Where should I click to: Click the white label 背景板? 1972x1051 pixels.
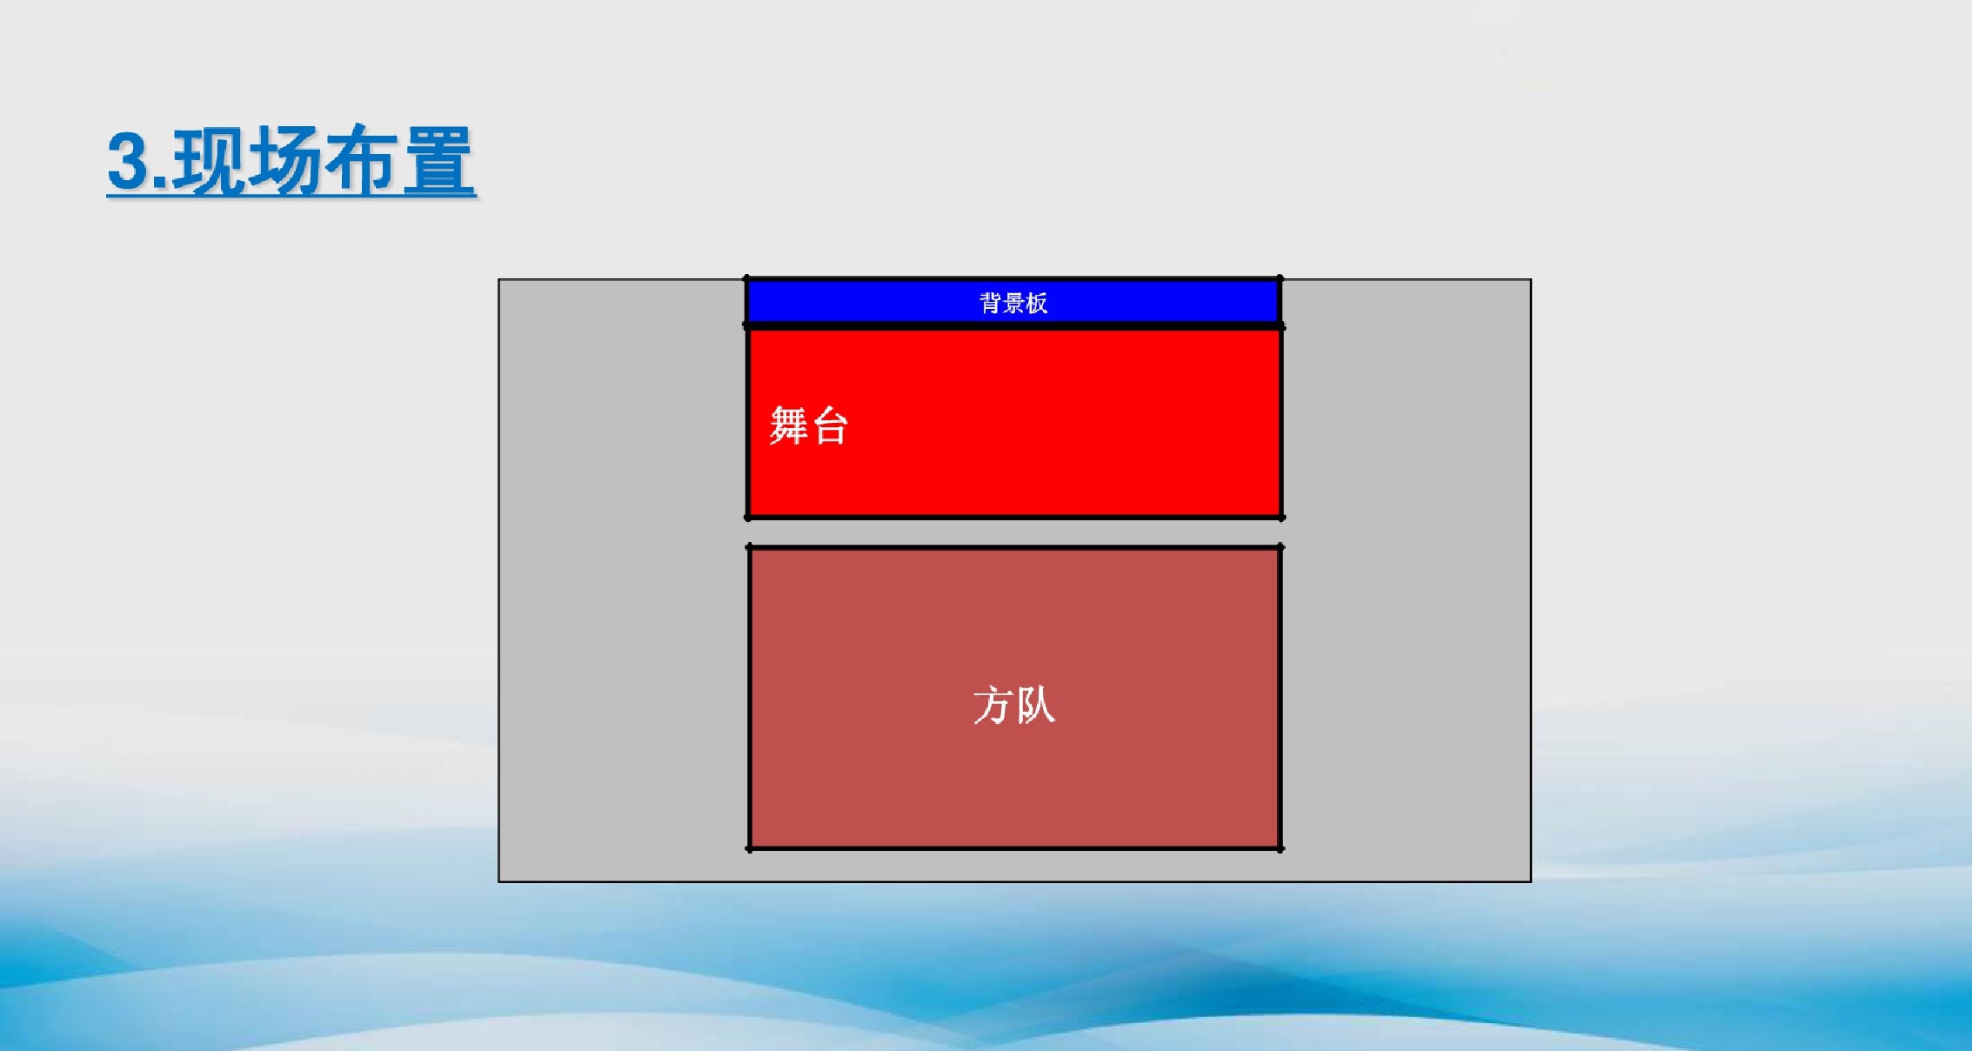(x=1013, y=303)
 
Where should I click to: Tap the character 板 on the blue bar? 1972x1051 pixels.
(x=1037, y=303)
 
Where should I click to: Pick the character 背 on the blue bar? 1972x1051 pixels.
(x=991, y=303)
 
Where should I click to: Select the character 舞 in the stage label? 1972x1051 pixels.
(x=788, y=425)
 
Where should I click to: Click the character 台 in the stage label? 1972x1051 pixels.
(x=829, y=426)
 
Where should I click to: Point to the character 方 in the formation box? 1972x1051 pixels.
(x=993, y=705)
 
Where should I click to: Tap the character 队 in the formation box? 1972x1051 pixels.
(x=1035, y=705)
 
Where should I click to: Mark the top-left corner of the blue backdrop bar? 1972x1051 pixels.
(x=746, y=278)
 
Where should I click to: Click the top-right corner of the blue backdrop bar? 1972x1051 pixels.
(x=1280, y=278)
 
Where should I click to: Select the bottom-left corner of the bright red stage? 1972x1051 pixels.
(x=748, y=518)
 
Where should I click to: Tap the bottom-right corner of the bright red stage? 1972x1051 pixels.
(x=1281, y=518)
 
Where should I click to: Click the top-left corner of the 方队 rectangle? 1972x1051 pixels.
(x=749, y=547)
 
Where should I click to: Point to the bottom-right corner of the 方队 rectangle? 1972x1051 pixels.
(x=1280, y=848)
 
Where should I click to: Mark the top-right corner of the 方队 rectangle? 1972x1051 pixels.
(x=1280, y=547)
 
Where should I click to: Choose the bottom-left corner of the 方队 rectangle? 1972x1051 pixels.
(x=749, y=848)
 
